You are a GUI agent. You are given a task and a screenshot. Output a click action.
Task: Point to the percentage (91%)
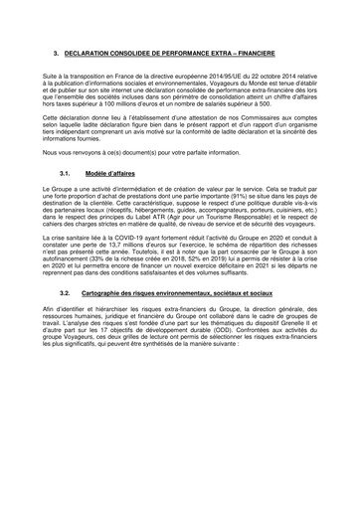click(x=213, y=201)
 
